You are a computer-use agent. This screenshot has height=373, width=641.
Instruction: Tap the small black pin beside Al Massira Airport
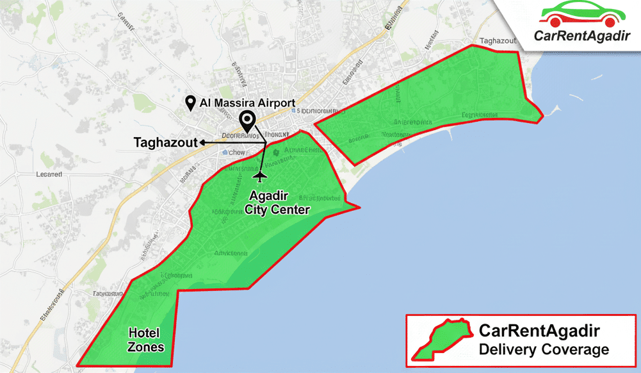(190, 103)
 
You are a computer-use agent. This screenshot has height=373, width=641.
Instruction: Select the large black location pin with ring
(247, 121)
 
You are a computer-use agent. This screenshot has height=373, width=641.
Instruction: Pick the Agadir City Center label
(278, 203)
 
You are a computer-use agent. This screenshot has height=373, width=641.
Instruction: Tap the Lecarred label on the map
(49, 174)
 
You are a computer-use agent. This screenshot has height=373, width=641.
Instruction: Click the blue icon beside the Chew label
(225, 153)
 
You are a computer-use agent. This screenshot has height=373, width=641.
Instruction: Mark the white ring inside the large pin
(247, 119)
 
